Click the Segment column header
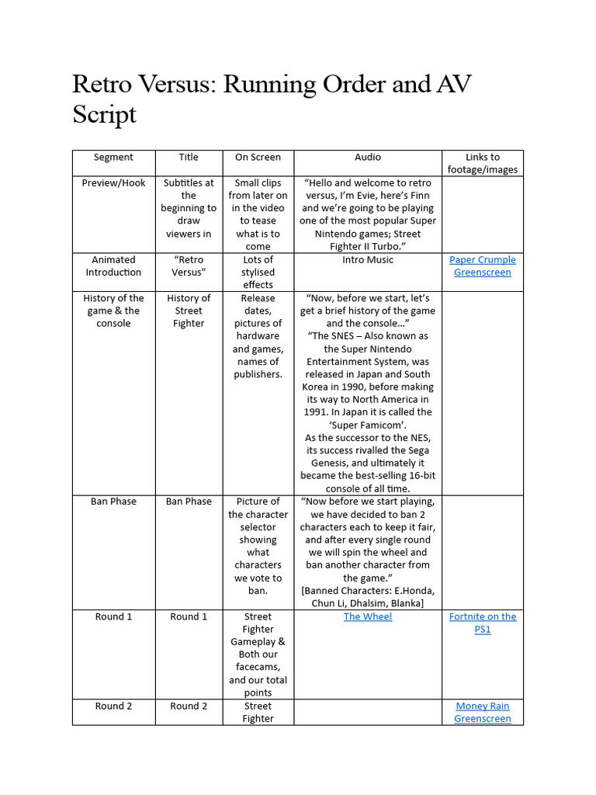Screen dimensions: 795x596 tap(113, 157)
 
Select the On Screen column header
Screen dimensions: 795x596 tap(258, 157)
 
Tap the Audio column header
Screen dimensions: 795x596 tap(368, 157)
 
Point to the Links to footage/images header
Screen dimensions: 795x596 tap(483, 163)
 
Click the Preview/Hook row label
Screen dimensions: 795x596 tap(113, 182)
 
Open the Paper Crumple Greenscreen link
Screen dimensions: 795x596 tap(483, 266)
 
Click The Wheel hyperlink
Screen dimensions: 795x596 tap(368, 616)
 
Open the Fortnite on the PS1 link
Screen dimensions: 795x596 tap(483, 623)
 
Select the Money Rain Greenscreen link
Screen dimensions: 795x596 tap(483, 712)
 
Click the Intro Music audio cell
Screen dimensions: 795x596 tap(368, 259)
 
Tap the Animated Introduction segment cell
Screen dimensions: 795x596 tap(113, 266)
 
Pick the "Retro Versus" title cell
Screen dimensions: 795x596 tap(189, 266)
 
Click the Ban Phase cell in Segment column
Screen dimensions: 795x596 tap(113, 501)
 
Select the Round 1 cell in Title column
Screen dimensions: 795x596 tap(189, 616)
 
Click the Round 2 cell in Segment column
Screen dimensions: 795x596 tap(113, 706)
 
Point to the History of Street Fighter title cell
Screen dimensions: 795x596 tap(189, 311)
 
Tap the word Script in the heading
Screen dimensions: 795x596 tap(104, 115)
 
